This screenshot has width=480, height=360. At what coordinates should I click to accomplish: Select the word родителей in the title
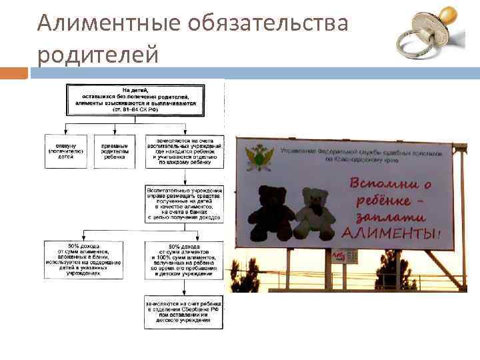(98, 53)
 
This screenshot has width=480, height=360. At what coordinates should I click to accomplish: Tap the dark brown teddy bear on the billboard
(271, 213)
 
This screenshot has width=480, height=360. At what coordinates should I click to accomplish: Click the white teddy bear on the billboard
(317, 213)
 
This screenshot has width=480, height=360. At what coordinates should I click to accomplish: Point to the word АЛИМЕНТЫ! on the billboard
(391, 233)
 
